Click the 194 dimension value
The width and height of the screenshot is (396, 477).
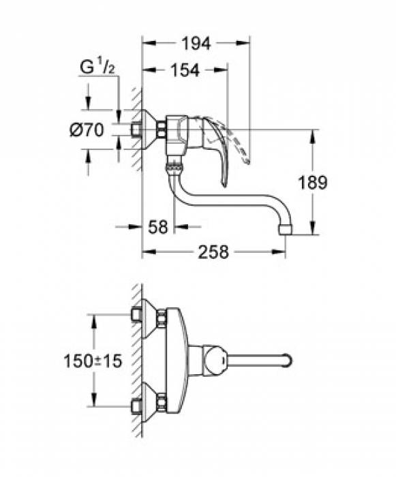195,42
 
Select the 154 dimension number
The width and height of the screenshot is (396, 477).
184,70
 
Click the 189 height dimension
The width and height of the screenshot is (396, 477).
313,182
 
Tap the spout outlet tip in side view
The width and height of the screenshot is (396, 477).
286,228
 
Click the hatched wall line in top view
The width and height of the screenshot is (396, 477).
137,361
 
